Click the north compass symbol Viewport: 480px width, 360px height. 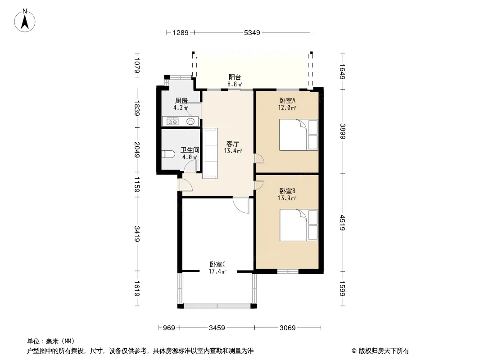[26, 20]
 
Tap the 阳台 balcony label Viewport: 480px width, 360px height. [235, 77]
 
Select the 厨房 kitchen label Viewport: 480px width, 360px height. [181, 101]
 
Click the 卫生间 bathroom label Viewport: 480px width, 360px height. [189, 150]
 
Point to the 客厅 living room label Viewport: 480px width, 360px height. [232, 144]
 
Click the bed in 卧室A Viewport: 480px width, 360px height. [299, 135]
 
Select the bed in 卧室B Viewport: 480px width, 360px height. [299, 225]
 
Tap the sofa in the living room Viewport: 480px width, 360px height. [210, 153]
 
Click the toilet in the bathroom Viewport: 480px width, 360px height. [169, 154]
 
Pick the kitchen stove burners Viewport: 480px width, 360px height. [172, 121]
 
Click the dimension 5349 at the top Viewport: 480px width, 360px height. [252, 32]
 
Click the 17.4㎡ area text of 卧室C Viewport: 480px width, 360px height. [217, 271]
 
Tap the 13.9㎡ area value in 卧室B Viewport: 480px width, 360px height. [287, 198]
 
